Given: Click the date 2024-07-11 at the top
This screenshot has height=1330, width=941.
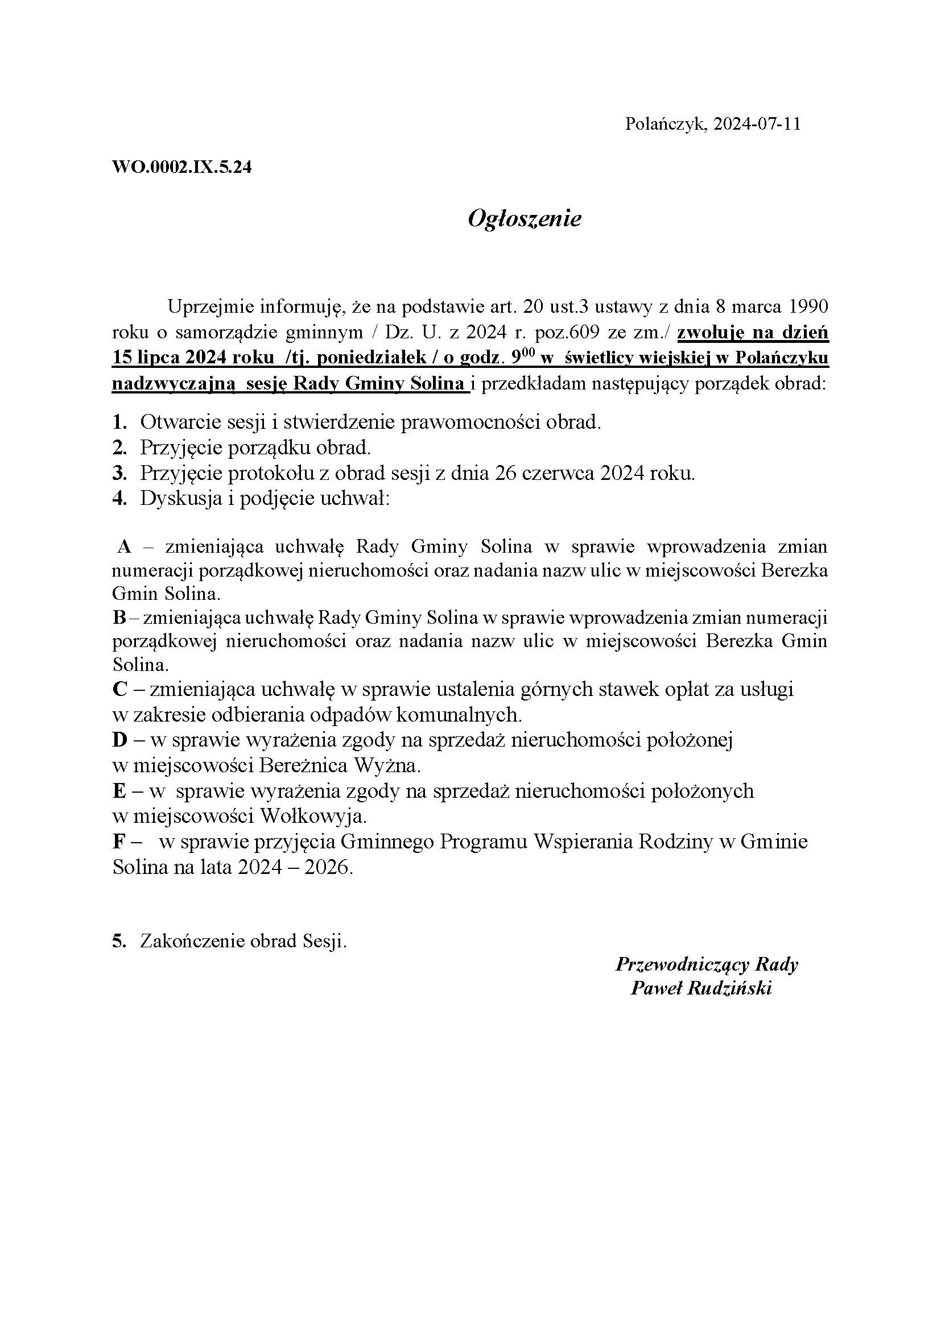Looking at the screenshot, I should coord(757,124).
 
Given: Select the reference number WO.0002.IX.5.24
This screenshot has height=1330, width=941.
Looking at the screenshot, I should coord(181,167).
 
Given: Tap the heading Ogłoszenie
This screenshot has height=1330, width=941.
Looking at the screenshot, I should coord(524,218).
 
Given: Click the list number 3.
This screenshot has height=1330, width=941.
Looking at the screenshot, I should coord(119,473).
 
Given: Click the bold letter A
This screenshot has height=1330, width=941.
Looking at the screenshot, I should coord(124,546).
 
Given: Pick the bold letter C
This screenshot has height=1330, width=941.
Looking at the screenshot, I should coord(119,689).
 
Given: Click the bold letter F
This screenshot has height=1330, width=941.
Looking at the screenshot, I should coord(119,841).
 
